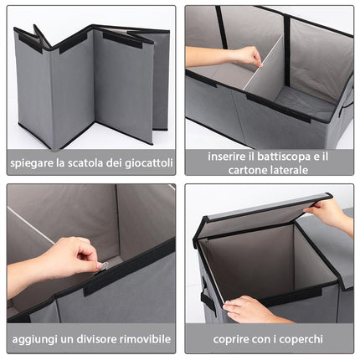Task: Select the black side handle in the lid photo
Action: [x=208, y=297]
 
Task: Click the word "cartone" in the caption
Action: [x=245, y=170]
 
